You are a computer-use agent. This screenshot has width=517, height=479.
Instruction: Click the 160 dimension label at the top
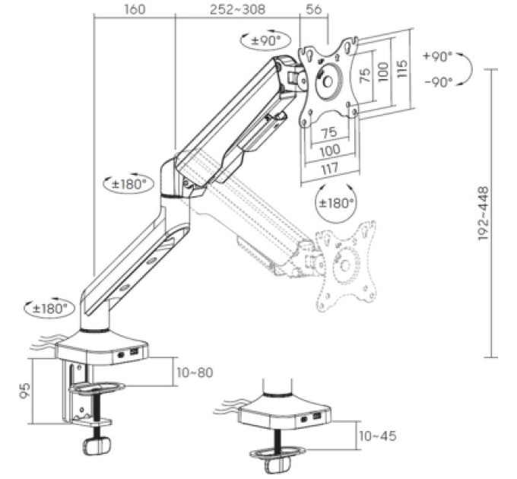tap(135, 9)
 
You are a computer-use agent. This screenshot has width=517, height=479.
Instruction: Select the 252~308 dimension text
tap(237, 9)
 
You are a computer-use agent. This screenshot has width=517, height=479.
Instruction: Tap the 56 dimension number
tap(313, 9)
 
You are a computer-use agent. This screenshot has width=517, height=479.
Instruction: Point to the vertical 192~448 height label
tap(483, 214)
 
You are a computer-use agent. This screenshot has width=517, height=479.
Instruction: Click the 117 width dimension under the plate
tap(330, 169)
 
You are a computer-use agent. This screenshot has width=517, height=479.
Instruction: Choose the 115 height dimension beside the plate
tap(402, 68)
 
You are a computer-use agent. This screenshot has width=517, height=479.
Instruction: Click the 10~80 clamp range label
tap(195, 373)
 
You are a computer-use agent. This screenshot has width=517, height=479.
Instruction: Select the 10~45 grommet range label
tap(378, 436)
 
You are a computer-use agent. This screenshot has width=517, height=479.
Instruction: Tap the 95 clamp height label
tap(25, 391)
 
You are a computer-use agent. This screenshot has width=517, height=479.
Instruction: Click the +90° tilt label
tap(438, 57)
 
